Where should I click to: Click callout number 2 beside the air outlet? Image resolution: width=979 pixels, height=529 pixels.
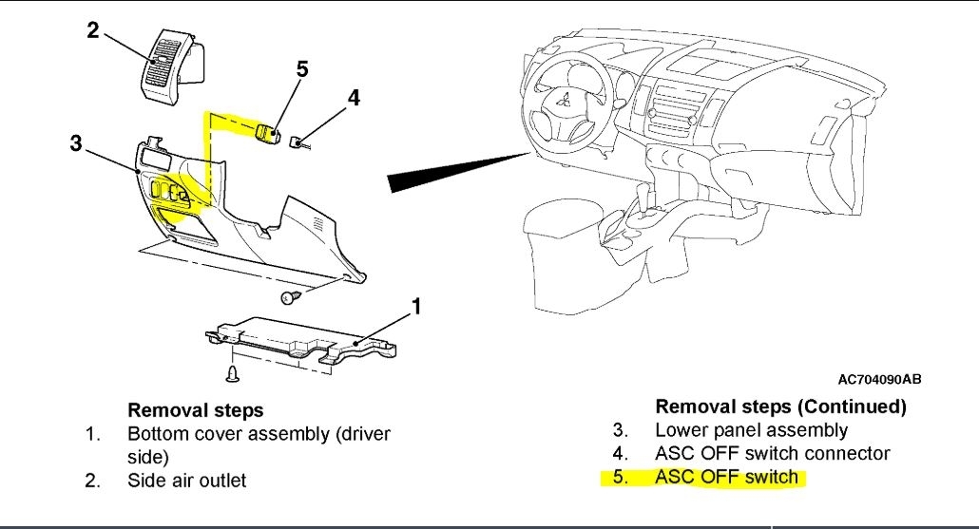point(93,30)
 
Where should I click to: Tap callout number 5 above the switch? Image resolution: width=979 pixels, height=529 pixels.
point(302,68)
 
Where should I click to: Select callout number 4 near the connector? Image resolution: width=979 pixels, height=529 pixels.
point(354,99)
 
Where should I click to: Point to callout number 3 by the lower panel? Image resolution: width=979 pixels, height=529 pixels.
point(75,144)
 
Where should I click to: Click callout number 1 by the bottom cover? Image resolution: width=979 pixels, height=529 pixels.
point(414,306)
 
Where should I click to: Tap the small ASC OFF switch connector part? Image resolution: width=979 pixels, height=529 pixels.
point(298,142)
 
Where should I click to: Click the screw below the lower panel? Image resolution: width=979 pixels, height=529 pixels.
point(290,298)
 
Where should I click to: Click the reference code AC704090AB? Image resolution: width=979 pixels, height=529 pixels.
point(879,380)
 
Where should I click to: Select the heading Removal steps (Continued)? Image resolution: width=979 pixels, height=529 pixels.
point(780,406)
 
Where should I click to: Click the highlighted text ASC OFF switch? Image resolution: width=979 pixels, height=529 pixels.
point(726,477)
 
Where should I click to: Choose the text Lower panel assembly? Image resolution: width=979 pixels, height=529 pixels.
point(751,430)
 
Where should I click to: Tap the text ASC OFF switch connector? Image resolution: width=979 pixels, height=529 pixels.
point(772,454)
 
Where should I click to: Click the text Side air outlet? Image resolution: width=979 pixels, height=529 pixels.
point(186,481)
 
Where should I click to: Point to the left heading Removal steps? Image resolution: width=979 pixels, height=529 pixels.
point(196,410)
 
